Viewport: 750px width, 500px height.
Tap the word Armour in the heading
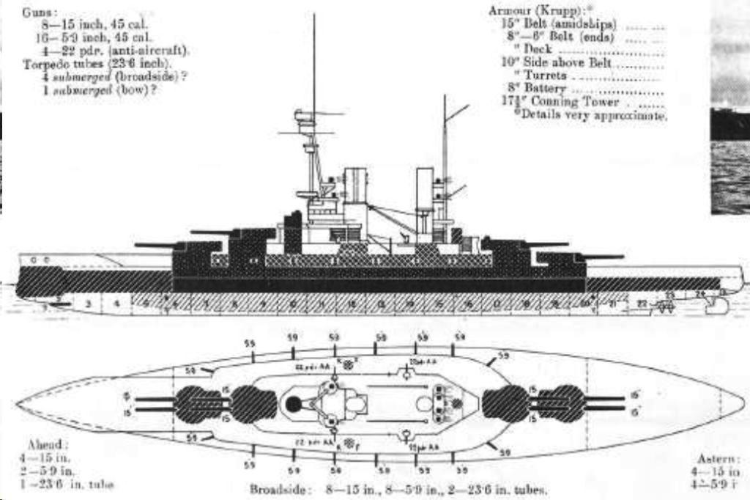(x=508, y=11)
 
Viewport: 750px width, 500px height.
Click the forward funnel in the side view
(x=355, y=187)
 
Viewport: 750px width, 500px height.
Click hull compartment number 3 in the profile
(x=89, y=302)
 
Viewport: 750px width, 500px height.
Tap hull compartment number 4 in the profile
(x=116, y=302)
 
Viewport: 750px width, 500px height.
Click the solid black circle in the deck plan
(x=294, y=402)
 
